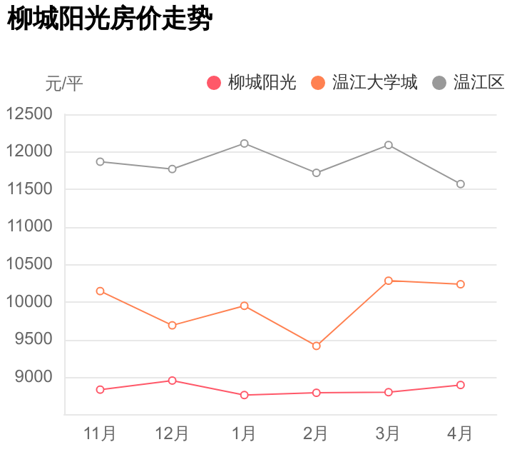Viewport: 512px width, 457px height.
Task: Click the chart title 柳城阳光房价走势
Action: pyautogui.click(x=110, y=20)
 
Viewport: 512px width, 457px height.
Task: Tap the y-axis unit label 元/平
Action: pyautogui.click(x=64, y=84)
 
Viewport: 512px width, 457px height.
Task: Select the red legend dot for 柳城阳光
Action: pyautogui.click(x=214, y=83)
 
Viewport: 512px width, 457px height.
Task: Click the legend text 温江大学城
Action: pyautogui.click(x=375, y=83)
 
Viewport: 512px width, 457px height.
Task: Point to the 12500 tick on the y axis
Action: pyautogui.click(x=29, y=114)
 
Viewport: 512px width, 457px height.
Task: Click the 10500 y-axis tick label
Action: pyautogui.click(x=29, y=265)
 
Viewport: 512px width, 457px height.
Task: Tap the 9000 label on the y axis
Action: pyautogui.click(x=34, y=377)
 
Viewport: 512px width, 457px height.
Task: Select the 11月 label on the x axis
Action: pyautogui.click(x=100, y=433)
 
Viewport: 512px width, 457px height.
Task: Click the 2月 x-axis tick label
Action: pyautogui.click(x=316, y=433)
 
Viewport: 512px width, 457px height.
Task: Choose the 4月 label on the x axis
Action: pyautogui.click(x=460, y=433)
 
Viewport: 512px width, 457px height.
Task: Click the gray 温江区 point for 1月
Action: pyautogui.click(x=245, y=144)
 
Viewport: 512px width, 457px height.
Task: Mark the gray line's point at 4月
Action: pyautogui.click(x=461, y=184)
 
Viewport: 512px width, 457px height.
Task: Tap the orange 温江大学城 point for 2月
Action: pyautogui.click(x=317, y=346)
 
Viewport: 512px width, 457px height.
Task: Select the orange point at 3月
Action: pyautogui.click(x=389, y=281)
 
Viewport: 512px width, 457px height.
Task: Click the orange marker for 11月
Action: pyautogui.click(x=101, y=291)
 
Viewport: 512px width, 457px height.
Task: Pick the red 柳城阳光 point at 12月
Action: pyautogui.click(x=173, y=381)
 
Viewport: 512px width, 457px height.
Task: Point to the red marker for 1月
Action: pyautogui.click(x=245, y=395)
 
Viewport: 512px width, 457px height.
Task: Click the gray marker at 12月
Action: pyautogui.click(x=173, y=169)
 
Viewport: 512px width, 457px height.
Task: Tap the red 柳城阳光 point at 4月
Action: pyautogui.click(x=461, y=385)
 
